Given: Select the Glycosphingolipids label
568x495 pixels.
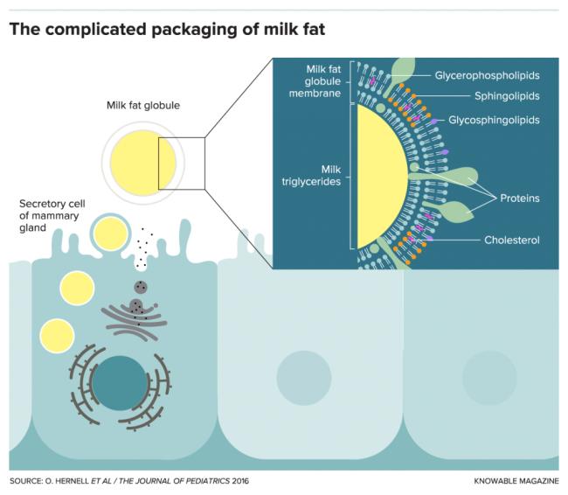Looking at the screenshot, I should [x=494, y=119].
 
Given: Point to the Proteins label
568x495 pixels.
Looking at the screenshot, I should [x=519, y=199].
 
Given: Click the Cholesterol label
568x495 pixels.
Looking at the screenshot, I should [x=512, y=239].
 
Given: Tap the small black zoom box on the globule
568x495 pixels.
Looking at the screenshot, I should [x=181, y=163].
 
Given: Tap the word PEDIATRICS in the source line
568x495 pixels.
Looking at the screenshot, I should [x=208, y=482].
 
